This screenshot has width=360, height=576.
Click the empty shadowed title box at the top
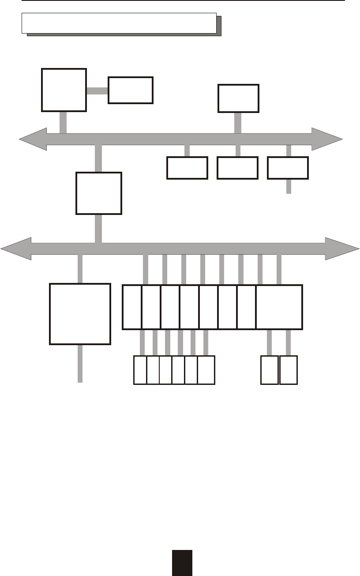pos(119,23)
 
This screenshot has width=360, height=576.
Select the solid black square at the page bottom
pos(182,563)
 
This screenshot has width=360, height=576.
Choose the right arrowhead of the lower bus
pos(342,249)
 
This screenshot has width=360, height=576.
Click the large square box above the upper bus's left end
pos(64,90)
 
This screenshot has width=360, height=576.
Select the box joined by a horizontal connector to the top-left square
pos(131,90)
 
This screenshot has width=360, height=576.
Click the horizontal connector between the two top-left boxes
pos(97,90)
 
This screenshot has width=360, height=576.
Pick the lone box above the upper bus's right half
pos(239,98)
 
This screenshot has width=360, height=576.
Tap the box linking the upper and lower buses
pos(99,193)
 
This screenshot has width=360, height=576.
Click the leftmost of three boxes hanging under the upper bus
pos(187,168)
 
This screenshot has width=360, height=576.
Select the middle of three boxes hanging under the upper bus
pos(238,168)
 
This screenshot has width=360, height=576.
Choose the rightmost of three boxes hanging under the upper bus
pos(288,168)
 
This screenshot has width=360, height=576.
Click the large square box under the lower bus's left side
pos(80,314)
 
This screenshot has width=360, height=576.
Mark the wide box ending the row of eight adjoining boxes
pos(279,307)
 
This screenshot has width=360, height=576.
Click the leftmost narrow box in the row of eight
pos(132,307)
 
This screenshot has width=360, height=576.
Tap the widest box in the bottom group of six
pos(206,370)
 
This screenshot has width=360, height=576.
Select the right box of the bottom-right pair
pos(289,370)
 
